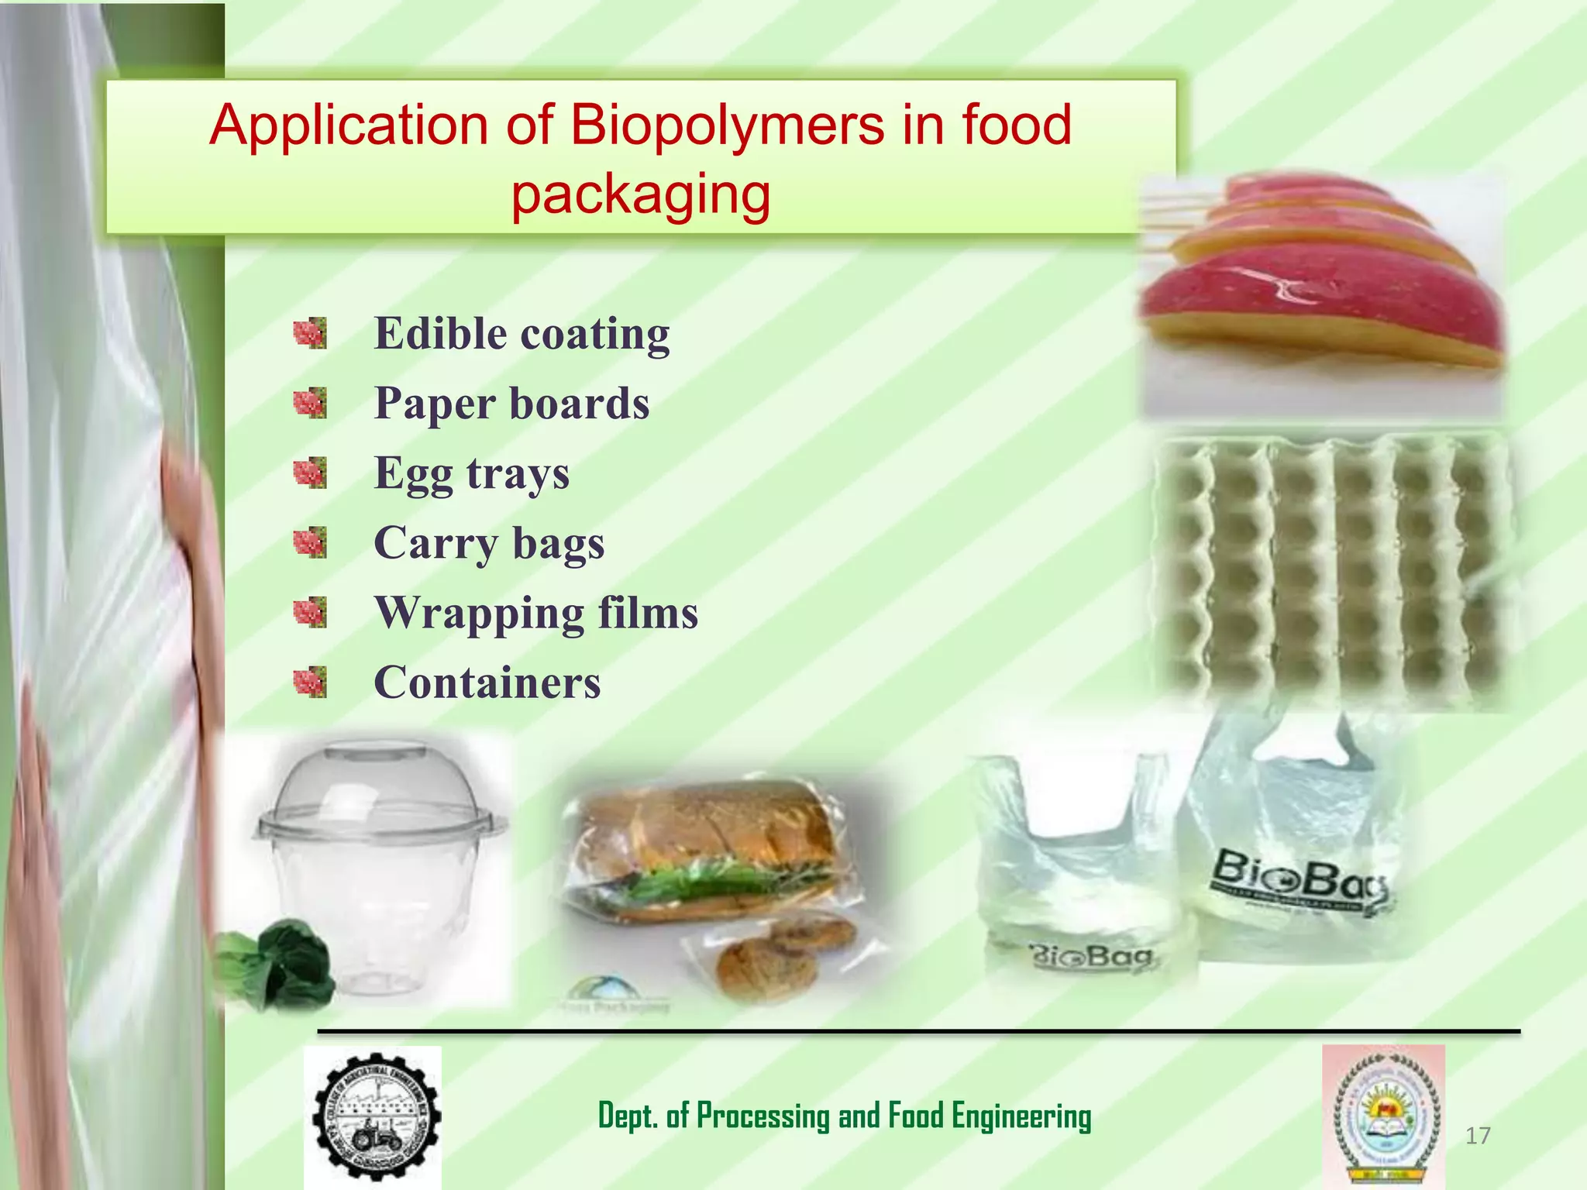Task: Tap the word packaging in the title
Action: pyautogui.click(x=641, y=194)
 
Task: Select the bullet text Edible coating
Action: pyautogui.click(x=522, y=334)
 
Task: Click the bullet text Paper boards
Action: pyautogui.click(x=511, y=404)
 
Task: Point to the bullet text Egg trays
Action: pyautogui.click(x=471, y=473)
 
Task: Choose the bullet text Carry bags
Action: pyautogui.click(x=489, y=543)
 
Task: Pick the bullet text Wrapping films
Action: pyautogui.click(x=536, y=613)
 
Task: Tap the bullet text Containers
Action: pyautogui.click(x=487, y=683)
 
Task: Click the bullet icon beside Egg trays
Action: pyautogui.click(x=310, y=473)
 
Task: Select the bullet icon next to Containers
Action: pyautogui.click(x=310, y=682)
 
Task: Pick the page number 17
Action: pyautogui.click(x=1478, y=1136)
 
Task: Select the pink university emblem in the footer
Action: pyautogui.click(x=1384, y=1116)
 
